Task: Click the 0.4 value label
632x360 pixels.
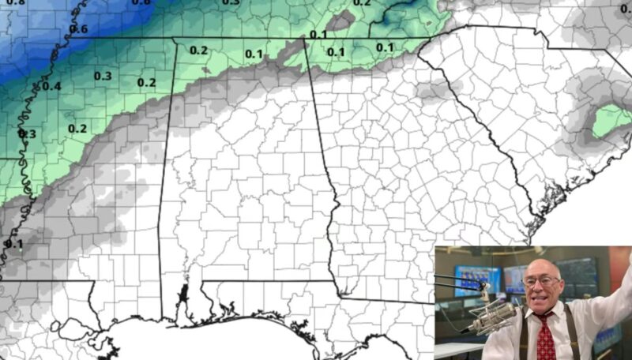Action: point(51,86)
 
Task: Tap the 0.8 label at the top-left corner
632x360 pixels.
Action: point(15,3)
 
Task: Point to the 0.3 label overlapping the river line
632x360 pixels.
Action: point(27,134)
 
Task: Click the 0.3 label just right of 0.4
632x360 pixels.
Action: point(103,76)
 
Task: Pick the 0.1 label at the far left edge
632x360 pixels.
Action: point(13,244)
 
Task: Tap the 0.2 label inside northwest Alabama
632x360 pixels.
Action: point(198,51)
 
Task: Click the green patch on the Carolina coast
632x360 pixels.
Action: point(611,121)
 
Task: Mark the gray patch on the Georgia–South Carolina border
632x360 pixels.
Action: point(431,88)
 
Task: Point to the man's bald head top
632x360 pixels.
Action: point(542,262)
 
